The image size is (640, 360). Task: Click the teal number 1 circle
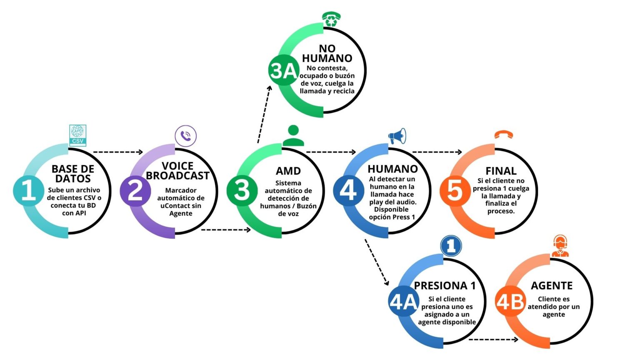pos(28,190)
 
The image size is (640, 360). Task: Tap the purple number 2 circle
pos(135,190)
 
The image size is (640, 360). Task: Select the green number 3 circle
pos(242,190)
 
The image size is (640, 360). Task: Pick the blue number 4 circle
pos(348,190)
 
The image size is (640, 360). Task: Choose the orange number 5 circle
pos(455,190)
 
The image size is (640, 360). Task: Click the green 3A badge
pos(283,70)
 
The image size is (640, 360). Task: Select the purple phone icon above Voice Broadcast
pos(185,136)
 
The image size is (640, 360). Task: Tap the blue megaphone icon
pos(397,136)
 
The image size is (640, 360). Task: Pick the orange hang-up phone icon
pos(503,135)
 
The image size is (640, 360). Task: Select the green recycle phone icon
pos(331,19)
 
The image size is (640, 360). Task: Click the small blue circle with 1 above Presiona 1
pos(451,246)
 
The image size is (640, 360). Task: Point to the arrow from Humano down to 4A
pos(376,262)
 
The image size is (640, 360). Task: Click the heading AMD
pos(288,171)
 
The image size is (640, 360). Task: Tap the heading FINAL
pos(501,171)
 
